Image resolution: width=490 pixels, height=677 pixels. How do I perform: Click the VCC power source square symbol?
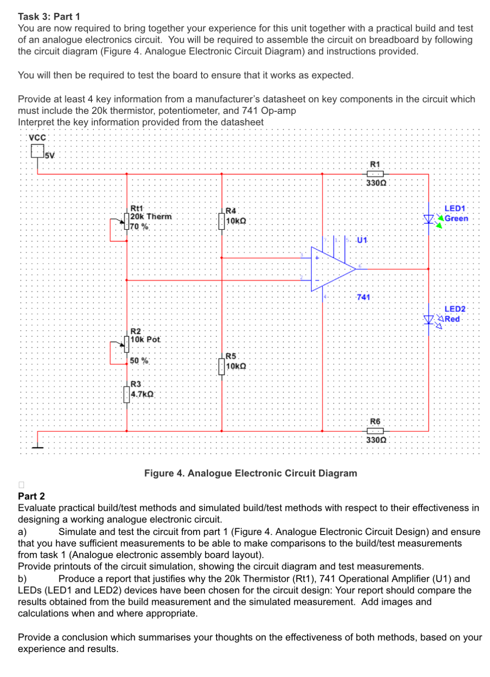tap(37, 151)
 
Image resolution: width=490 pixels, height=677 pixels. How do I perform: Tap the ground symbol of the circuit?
tap(37, 446)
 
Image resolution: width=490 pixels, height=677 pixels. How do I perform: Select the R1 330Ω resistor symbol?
tap(375, 174)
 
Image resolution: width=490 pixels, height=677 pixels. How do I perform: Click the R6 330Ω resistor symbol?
tap(375, 431)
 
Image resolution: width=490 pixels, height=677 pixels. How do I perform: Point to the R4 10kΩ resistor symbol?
tap(222, 221)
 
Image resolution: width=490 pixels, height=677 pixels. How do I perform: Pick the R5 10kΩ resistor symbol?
tap(222, 366)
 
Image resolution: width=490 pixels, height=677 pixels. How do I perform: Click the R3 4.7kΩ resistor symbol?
tap(126, 394)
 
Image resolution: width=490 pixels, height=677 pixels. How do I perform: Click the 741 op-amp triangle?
tap(332, 269)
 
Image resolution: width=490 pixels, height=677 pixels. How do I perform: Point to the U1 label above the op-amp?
tap(362, 240)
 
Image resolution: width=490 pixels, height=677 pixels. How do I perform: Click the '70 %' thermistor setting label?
tap(139, 227)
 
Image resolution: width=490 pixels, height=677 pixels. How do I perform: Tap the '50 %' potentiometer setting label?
tap(139, 360)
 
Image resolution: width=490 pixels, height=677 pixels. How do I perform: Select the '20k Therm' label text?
tap(151, 217)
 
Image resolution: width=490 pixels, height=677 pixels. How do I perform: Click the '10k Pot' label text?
tap(145, 340)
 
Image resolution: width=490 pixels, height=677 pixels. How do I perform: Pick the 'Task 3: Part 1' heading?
tap(49, 17)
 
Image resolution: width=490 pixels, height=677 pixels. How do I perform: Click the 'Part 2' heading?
tap(31, 496)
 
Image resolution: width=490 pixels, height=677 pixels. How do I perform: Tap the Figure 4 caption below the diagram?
tap(251, 473)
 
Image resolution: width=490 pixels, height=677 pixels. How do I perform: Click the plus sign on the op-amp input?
tap(317, 258)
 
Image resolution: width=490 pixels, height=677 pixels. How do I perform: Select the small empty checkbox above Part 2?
tap(21, 484)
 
